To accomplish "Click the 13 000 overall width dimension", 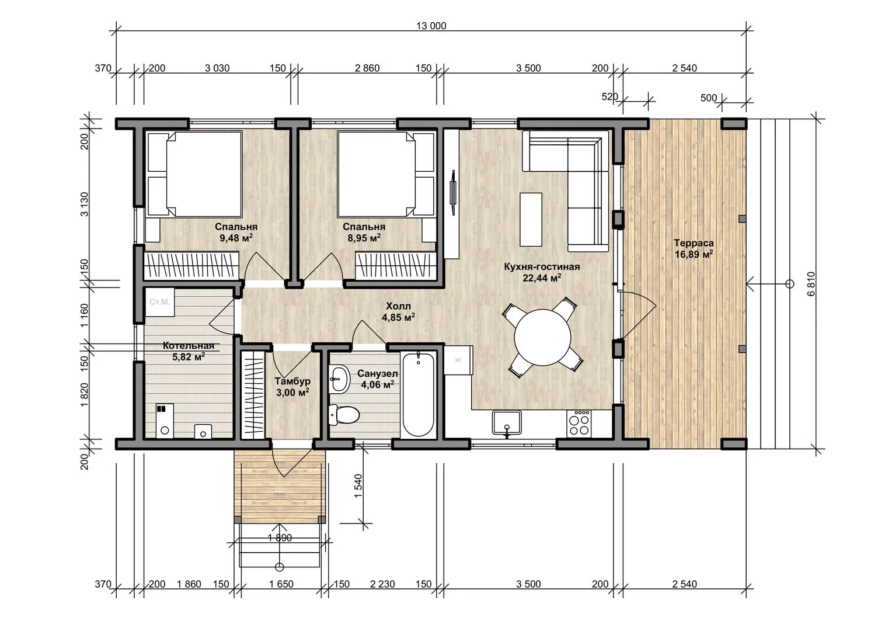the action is point(431,26).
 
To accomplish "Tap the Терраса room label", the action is point(694,242).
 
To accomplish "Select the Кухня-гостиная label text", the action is point(542,266).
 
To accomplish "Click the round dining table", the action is point(542,337).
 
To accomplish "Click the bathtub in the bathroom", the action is point(418,394).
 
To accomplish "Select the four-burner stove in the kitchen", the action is point(580,424).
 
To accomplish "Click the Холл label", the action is point(398,306).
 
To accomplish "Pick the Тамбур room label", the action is point(292,381).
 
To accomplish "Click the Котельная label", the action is point(189,346).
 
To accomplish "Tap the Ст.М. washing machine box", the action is point(159,302).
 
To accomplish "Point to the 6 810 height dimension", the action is point(811,284).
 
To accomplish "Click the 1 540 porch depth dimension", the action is point(358,486).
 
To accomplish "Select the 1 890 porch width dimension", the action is point(280,538).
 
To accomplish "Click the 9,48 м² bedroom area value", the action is point(236,238).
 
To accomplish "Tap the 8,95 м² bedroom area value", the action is point(364,238).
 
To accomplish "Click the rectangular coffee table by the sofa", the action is point(531,219).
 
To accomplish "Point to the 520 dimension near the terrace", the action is point(609,97).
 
